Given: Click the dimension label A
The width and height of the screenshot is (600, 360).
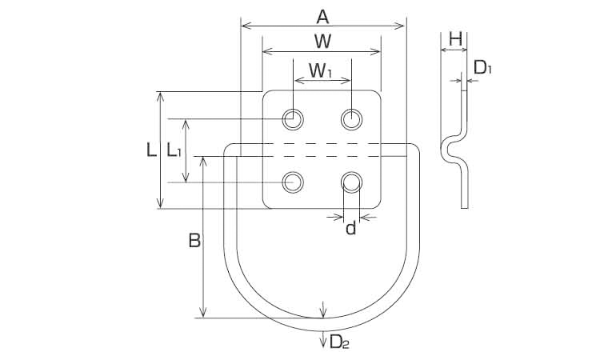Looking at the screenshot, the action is (x=322, y=17).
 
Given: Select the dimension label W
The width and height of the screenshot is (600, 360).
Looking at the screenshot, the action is (x=322, y=42).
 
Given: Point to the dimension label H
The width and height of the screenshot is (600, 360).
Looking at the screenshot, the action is (x=455, y=39).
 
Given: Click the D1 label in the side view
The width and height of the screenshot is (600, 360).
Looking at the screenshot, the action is (x=482, y=68).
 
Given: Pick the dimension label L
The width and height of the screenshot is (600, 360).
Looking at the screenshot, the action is (x=151, y=150).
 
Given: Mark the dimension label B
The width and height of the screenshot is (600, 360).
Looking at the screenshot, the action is (x=194, y=241).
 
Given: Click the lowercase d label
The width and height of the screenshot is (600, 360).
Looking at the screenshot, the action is (x=351, y=228).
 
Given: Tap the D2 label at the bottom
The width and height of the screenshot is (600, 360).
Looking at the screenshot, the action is (x=339, y=342).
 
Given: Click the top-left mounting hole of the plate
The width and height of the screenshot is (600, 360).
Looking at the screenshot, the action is (x=293, y=119).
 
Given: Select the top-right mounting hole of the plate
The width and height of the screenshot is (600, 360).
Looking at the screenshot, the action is (x=352, y=119).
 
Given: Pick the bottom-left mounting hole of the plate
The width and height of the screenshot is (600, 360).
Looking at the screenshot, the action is (x=293, y=182).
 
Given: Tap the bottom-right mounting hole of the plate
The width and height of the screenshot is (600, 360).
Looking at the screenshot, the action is (x=352, y=182).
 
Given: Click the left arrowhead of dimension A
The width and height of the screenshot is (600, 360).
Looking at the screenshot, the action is (x=245, y=26).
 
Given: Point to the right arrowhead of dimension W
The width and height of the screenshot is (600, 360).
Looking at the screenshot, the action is (x=376, y=52).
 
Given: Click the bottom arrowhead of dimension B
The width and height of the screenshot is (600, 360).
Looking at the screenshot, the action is (x=203, y=313).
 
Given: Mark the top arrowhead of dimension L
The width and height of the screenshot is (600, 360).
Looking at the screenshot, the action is (x=161, y=97).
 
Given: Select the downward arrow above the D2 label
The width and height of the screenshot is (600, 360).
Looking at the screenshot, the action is (x=323, y=310).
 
